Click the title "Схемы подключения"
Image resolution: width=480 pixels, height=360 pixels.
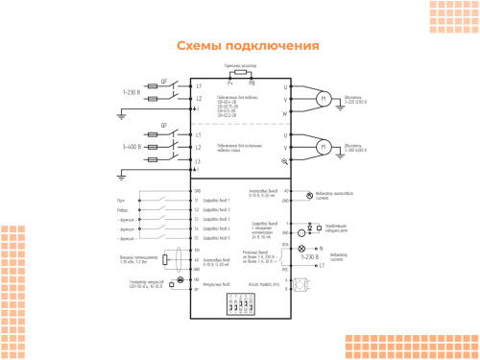[x=248, y=46]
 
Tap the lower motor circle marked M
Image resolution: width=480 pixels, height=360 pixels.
[x=324, y=147]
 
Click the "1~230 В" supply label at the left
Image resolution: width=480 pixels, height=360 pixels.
[x=132, y=93]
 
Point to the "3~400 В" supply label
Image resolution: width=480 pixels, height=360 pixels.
[x=132, y=147]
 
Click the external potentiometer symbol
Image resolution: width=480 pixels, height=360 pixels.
[x=168, y=258]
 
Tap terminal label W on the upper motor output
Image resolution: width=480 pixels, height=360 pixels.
[x=285, y=113]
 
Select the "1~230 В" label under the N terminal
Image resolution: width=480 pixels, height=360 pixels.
[x=309, y=257]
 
